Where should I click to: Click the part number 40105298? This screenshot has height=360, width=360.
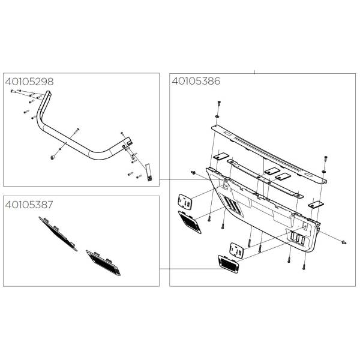point(29,82)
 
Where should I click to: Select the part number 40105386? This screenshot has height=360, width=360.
point(196,81)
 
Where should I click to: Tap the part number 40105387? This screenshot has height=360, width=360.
point(29,205)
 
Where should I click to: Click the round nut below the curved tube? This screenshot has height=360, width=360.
point(53,157)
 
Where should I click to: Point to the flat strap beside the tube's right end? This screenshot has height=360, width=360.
point(149,172)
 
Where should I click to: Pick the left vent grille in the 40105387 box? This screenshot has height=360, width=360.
point(58,234)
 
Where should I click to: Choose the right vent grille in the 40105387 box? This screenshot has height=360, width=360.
point(103,263)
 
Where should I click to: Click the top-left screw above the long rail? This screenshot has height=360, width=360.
point(218,103)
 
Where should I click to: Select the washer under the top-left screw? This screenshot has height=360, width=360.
point(217,116)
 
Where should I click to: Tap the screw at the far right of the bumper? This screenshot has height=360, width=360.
point(344,242)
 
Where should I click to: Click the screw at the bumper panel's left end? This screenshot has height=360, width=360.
point(193,172)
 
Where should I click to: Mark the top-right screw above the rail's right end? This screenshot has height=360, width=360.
point(326,158)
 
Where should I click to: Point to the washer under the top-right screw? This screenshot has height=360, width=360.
point(324,172)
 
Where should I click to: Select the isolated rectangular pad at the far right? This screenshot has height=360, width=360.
point(316,204)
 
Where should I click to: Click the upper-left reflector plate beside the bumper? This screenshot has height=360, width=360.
point(185,202)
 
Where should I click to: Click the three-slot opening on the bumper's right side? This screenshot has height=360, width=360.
point(298,239)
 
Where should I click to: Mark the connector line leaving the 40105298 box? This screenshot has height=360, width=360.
point(187,179)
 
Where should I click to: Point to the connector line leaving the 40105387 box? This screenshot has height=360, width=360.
point(189,269)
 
